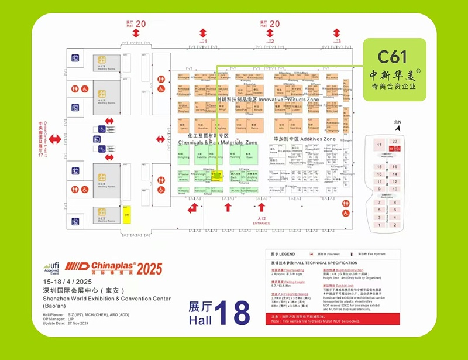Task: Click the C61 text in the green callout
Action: click(393, 57)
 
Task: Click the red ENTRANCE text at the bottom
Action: click(261, 224)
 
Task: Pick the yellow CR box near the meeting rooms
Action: click(126, 214)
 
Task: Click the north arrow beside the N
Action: click(398, 129)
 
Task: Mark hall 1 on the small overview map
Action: click(395, 224)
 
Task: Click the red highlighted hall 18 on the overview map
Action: click(395, 148)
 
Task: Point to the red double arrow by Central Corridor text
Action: click(54, 139)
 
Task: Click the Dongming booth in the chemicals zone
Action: click(183, 156)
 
